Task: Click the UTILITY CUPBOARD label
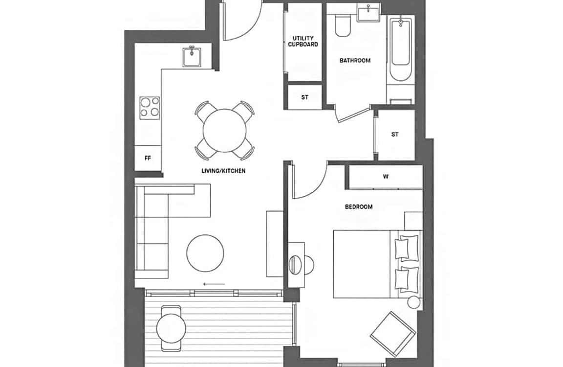(303, 41)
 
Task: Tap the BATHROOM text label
(355, 60)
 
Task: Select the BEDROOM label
(358, 206)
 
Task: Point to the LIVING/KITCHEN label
(223, 171)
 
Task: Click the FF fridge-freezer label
(148, 158)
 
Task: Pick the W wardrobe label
(386, 177)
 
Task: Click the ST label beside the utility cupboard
(304, 97)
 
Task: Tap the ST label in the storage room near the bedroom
(394, 135)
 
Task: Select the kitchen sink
(192, 56)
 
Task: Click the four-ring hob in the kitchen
(150, 108)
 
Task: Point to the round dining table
(224, 131)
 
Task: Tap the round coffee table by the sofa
(205, 253)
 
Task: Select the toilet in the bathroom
(343, 25)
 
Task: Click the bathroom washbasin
(369, 14)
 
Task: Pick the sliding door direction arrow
(214, 284)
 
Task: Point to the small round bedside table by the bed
(413, 302)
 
